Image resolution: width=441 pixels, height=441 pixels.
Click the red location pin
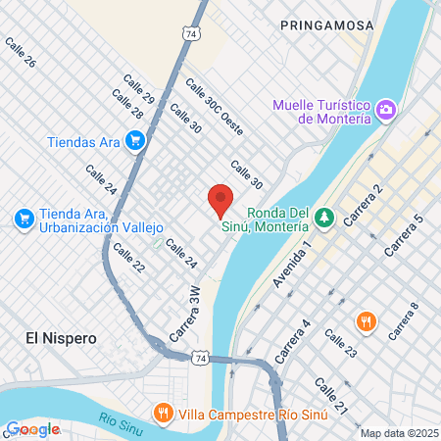[x=220, y=200]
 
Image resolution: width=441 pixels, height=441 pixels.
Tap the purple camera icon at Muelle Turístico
[x=386, y=109]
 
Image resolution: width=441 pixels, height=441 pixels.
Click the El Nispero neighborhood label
[x=61, y=337]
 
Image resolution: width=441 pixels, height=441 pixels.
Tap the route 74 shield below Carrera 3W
[x=199, y=360]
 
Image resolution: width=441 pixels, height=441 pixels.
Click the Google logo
[x=32, y=429]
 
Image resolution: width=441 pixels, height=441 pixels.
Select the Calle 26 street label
[x=21, y=53]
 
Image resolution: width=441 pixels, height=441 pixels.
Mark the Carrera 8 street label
[x=403, y=322]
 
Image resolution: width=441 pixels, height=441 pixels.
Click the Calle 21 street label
[x=331, y=394]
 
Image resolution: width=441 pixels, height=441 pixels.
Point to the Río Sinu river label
[x=122, y=423]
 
